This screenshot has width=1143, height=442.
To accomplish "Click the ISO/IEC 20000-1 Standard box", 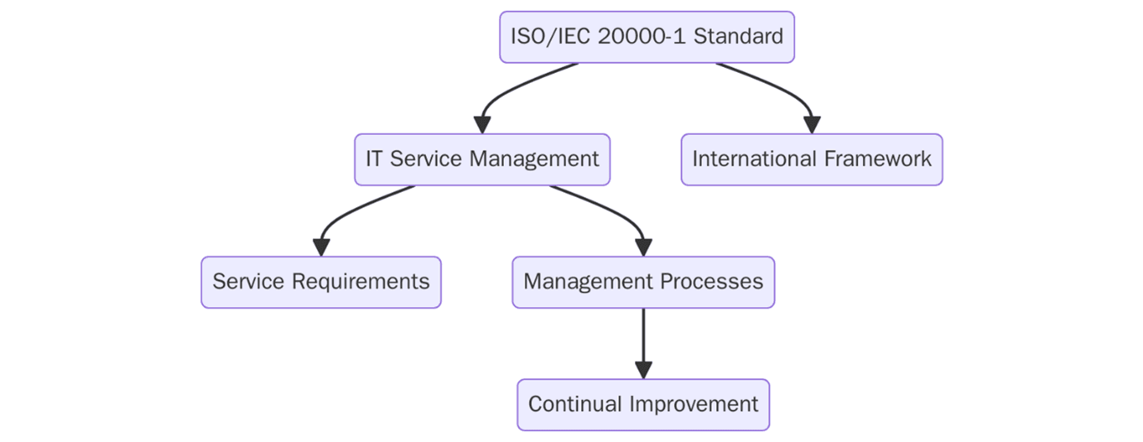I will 647,37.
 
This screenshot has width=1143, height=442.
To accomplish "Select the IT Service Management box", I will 482,159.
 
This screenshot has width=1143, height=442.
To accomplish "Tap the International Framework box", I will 811,159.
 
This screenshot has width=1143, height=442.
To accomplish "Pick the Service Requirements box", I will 321,282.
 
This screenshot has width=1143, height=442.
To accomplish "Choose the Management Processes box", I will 643,282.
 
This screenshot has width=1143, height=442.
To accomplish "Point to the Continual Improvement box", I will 643,405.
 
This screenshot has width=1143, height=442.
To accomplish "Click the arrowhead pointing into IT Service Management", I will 482,125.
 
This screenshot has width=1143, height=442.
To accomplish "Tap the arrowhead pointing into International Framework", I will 812,125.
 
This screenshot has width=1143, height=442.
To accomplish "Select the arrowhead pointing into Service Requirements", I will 322,247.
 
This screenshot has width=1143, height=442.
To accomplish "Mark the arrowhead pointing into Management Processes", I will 643,247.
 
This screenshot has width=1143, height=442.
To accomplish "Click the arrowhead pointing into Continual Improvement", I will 643,370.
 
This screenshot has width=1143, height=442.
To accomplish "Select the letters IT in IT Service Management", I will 375,159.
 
